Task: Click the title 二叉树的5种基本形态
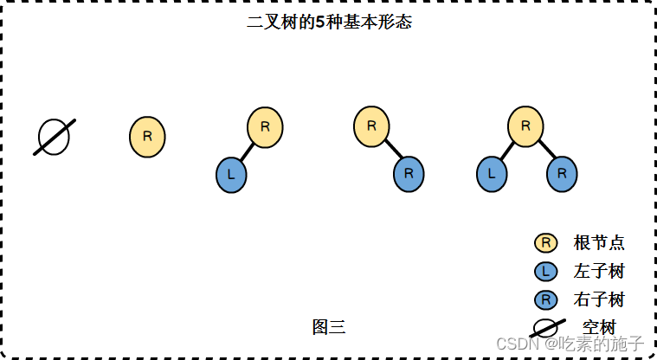point(329,22)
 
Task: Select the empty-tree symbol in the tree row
point(54,138)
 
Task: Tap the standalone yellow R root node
point(147,137)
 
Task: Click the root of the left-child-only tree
point(265,126)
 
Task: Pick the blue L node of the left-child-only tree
point(231,174)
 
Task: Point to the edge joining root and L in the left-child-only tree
point(247,152)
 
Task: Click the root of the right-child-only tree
point(371,126)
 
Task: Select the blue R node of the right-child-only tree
point(409,174)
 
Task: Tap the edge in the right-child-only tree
point(392,151)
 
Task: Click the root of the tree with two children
point(525,126)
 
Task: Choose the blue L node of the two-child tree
point(492,174)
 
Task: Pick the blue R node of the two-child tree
point(561,174)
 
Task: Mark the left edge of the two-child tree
point(508,151)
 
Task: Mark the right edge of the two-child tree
point(544,151)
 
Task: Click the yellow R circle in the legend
point(545,243)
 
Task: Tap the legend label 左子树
point(599,272)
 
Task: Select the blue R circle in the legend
point(545,300)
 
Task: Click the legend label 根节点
point(599,243)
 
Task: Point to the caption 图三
point(329,326)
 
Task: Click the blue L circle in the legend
point(545,272)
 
